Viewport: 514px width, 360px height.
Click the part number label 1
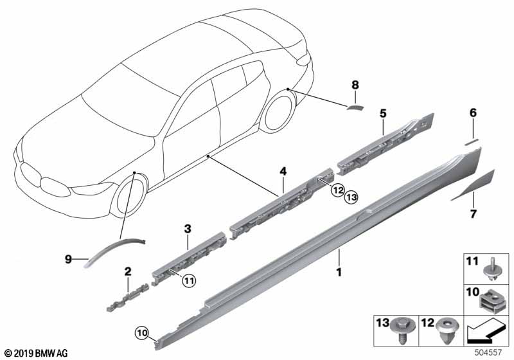click(338, 273)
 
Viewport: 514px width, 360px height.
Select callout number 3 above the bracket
click(188, 228)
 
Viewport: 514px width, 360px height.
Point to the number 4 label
click(281, 172)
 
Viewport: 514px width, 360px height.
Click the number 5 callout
click(383, 114)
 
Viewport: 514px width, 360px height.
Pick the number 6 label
click(473, 113)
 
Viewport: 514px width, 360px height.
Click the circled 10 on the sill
click(142, 332)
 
